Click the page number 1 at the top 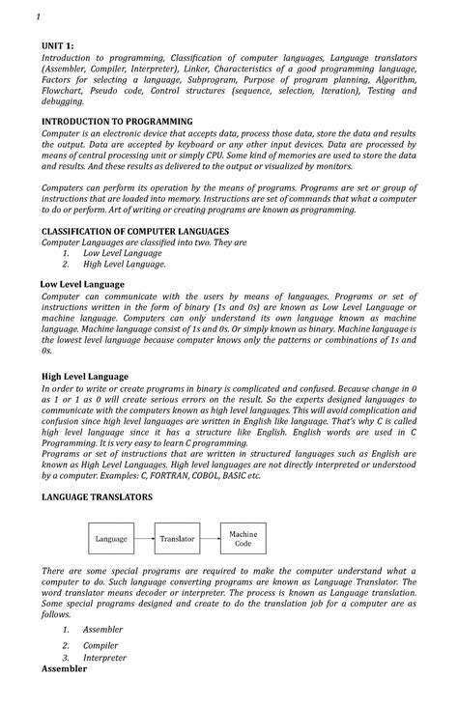click(37, 17)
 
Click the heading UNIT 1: click(58, 45)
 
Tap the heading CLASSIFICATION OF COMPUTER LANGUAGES click(134, 232)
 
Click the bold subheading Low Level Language click(82, 284)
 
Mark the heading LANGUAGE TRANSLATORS click(97, 495)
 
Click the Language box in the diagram click(112, 538)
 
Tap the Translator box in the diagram click(177, 538)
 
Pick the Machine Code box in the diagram click(243, 538)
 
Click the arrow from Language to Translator click(144, 538)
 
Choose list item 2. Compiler click(100, 644)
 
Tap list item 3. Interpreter click(103, 658)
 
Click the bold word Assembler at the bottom click(64, 668)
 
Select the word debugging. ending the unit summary click(63, 100)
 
